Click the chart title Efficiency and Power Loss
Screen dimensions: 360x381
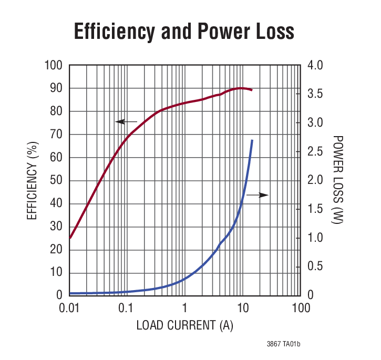tap(184, 32)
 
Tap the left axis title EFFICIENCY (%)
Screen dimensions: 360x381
tap(33, 179)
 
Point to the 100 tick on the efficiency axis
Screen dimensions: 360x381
tap(55, 66)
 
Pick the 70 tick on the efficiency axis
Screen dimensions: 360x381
tap(57, 135)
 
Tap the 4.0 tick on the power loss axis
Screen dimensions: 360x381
tap(315, 66)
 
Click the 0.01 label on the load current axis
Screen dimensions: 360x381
tap(69, 306)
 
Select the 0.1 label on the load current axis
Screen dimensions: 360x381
tap(127, 306)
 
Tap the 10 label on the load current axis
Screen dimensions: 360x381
tap(242, 306)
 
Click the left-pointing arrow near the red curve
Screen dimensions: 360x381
tap(126, 122)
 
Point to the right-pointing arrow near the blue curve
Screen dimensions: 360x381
tap(258, 195)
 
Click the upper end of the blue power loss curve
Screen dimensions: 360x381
tap(252, 140)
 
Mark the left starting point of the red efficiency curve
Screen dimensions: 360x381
tap(70, 238)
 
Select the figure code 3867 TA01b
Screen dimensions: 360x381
tap(284, 344)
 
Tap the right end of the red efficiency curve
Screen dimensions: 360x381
tap(252, 90)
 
